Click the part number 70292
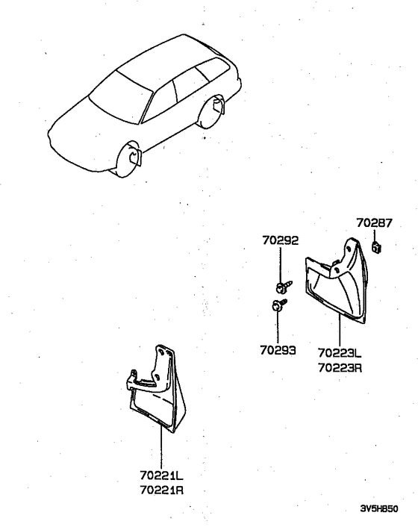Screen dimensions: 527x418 [281, 241]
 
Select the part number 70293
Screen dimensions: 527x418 [278, 349]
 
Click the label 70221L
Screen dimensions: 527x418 [162, 475]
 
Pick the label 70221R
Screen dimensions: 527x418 [162, 490]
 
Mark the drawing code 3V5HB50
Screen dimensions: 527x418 [378, 509]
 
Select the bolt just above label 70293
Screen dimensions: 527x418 [278, 305]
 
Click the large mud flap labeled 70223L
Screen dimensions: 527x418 [340, 287]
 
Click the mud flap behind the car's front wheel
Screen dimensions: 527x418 [136, 156]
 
